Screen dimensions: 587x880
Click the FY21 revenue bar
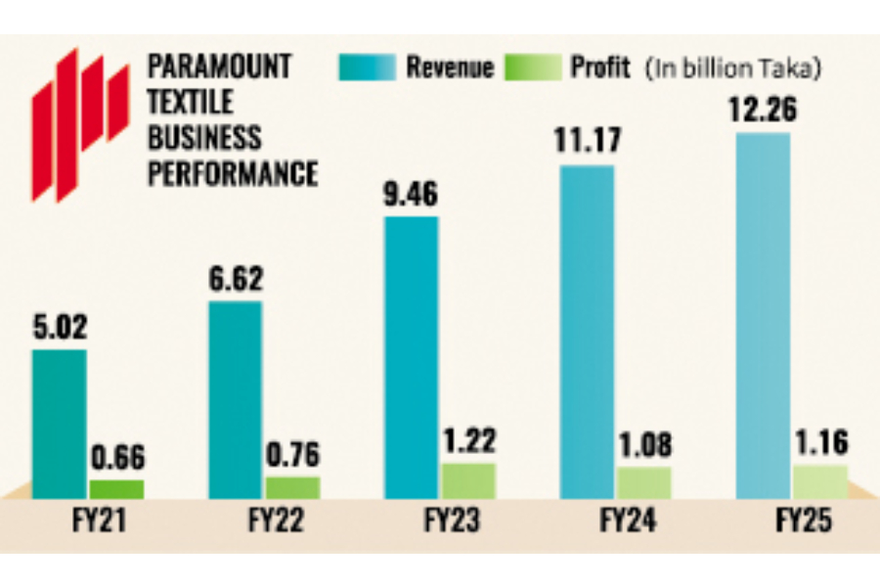coord(59,424)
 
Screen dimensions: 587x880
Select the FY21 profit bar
coord(116,488)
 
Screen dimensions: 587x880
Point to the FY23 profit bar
coord(468,480)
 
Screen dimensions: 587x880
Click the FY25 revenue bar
coord(763,315)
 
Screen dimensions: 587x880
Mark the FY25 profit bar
coord(820,481)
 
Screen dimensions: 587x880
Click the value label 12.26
coord(762,106)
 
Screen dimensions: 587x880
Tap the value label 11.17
coord(587,139)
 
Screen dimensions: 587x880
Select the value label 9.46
coord(411,192)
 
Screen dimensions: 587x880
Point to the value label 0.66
coord(117,458)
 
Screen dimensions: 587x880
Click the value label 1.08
coord(644,444)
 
